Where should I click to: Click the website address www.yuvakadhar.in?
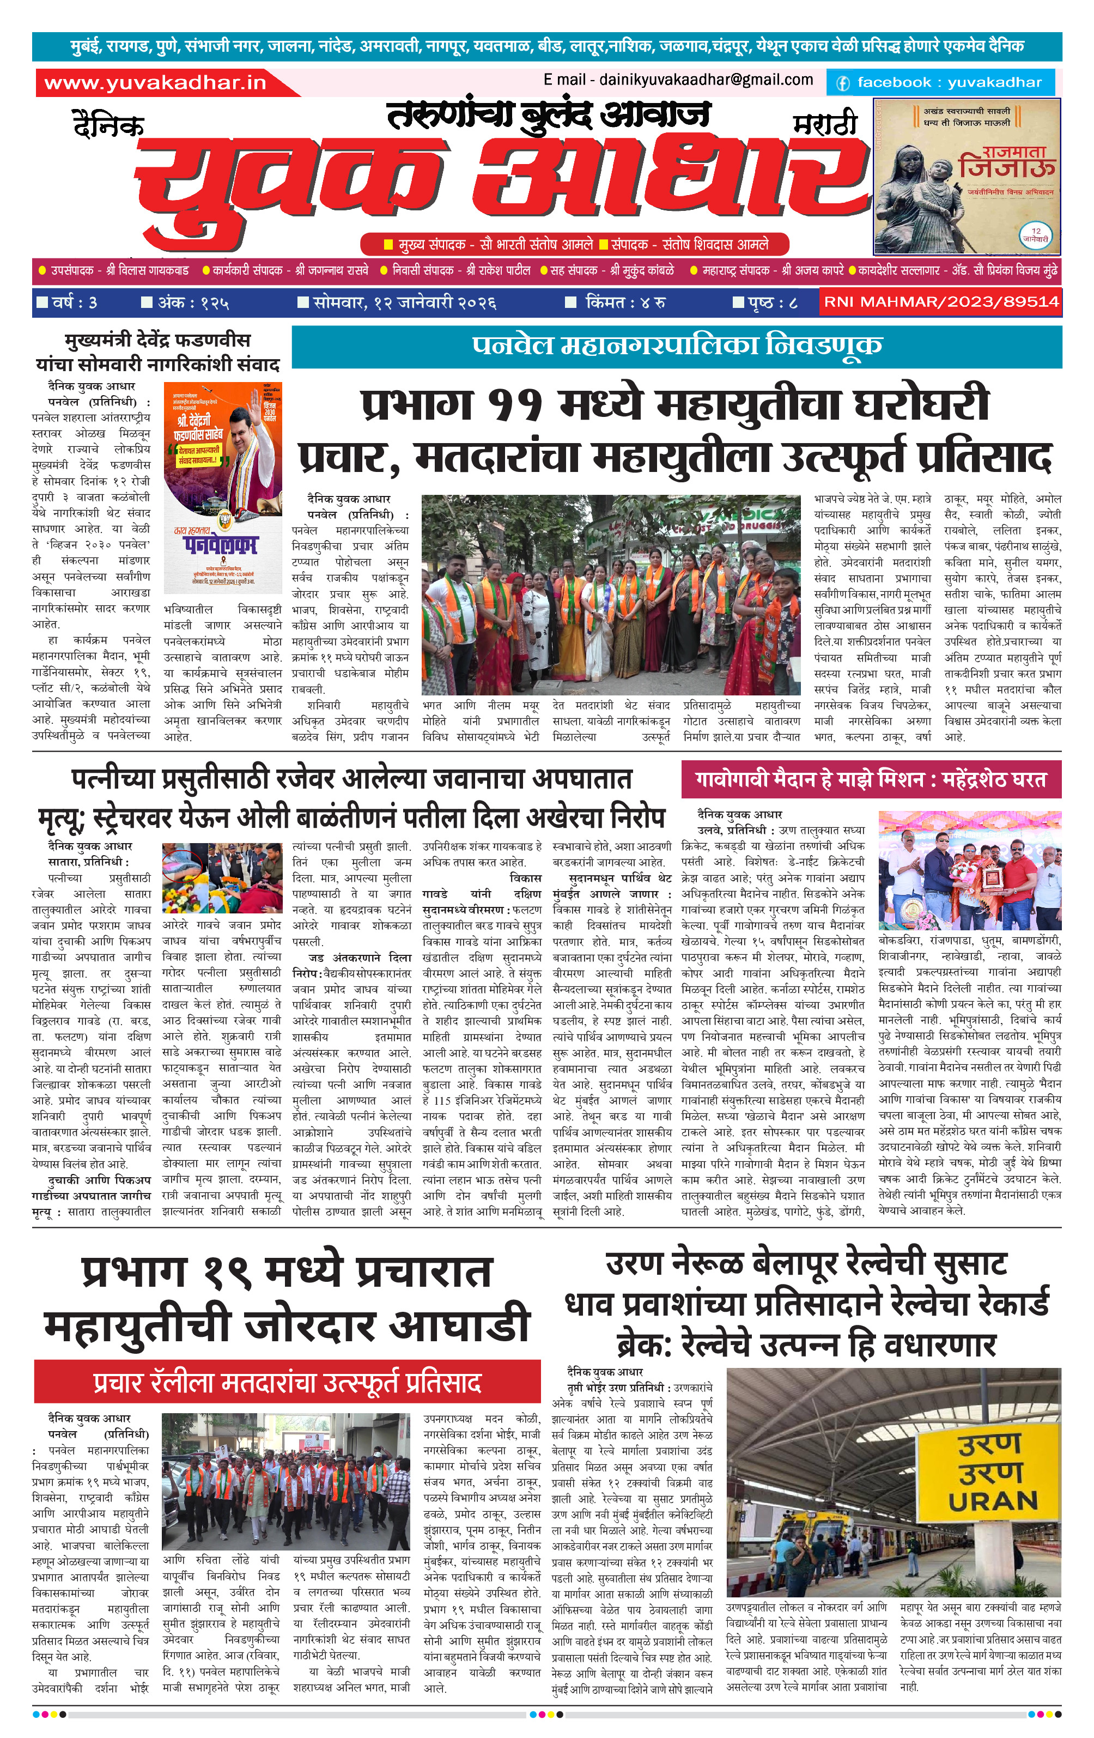click(155, 83)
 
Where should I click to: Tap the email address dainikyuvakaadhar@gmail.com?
click(678, 80)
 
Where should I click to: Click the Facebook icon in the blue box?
click(842, 83)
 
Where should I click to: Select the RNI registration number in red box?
click(941, 302)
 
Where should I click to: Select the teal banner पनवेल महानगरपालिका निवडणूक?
click(676, 345)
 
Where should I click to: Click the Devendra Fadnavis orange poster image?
click(222, 487)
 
